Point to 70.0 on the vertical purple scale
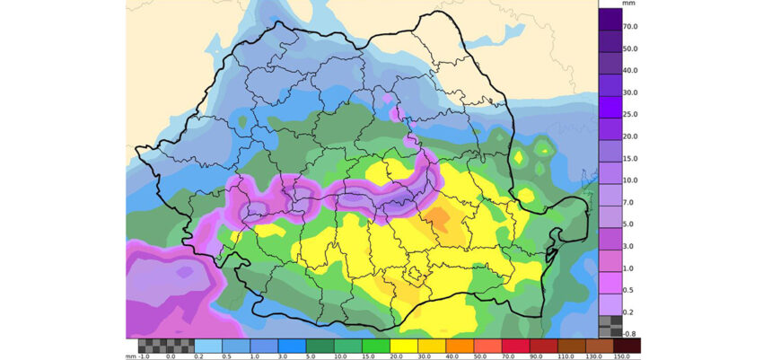pyautogui.click(x=631, y=27)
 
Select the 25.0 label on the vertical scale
pyautogui.click(x=631, y=115)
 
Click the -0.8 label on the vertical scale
pyautogui.click(x=631, y=333)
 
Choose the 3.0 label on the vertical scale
pyautogui.click(x=631, y=245)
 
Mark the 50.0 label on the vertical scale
pyautogui.click(x=631, y=49)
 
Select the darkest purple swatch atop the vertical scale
pyautogui.click(x=610, y=18)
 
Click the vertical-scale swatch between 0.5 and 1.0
pyautogui.click(x=610, y=278)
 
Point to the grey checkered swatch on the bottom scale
pyautogui.click(x=166, y=345)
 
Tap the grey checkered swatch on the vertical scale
pyautogui.click(x=610, y=325)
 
